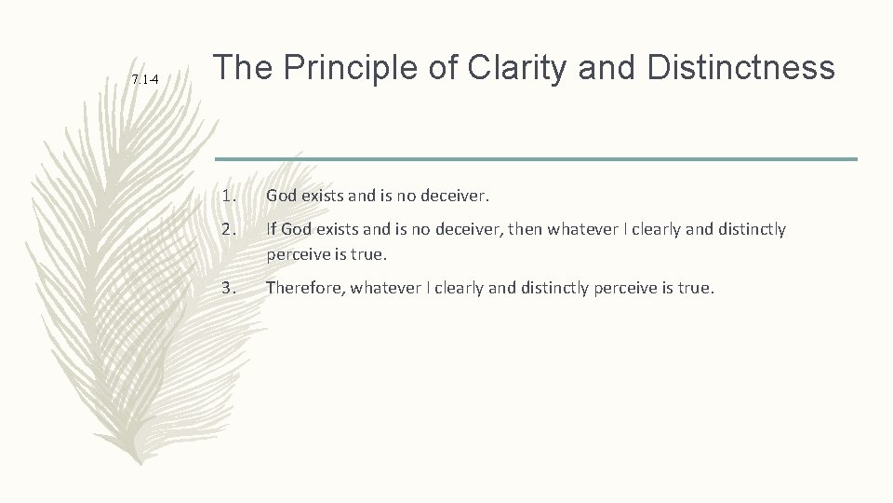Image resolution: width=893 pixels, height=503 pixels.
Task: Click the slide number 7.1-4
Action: click(x=144, y=80)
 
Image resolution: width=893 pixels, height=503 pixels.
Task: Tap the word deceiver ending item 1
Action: click(x=455, y=197)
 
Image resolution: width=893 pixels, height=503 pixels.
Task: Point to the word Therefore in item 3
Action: click(x=304, y=288)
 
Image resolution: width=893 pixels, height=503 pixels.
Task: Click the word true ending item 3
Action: click(x=696, y=288)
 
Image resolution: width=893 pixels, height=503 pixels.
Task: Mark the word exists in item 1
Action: click(x=326, y=197)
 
